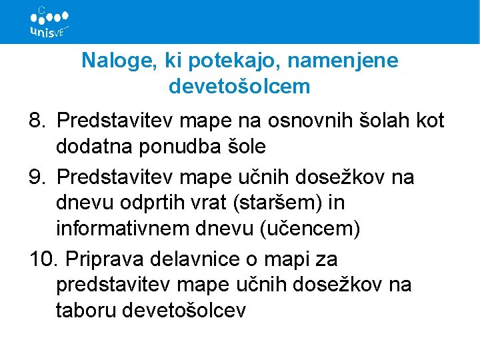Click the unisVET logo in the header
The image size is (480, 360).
(49, 23)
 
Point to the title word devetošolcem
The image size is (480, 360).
(240, 86)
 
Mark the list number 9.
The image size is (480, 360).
(37, 177)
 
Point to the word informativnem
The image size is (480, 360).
(123, 228)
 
